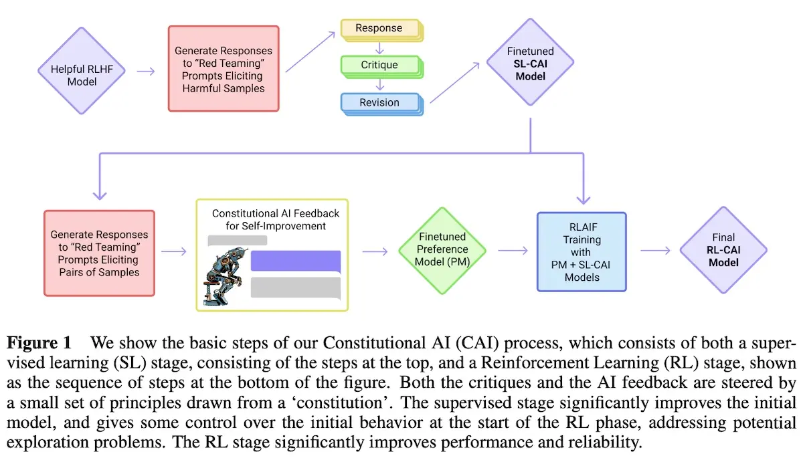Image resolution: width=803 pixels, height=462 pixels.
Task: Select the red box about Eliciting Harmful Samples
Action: [223, 69]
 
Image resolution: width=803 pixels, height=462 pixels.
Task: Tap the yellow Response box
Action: [379, 28]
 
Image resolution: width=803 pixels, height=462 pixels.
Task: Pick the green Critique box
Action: [379, 65]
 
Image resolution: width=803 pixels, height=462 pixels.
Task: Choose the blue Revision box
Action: [379, 102]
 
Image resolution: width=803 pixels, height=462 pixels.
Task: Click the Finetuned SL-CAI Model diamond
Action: [531, 66]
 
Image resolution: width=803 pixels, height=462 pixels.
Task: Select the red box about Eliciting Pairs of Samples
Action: [99, 253]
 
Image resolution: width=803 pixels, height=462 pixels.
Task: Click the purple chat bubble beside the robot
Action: [296, 261]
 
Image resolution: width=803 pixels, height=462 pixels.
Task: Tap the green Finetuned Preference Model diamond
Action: [443, 250]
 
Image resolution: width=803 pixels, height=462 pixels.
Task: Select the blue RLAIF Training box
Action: [582, 251]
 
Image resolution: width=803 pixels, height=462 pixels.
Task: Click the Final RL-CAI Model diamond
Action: [723, 250]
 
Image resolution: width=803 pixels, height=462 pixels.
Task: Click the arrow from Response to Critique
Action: [379, 47]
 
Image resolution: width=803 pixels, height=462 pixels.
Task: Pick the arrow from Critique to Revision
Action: [379, 84]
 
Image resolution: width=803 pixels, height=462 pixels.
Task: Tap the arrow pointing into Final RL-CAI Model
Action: [656, 251]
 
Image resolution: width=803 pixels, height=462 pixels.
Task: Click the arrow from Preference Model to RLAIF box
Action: [512, 251]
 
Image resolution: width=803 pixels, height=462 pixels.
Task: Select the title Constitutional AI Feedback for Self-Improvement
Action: [276, 219]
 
